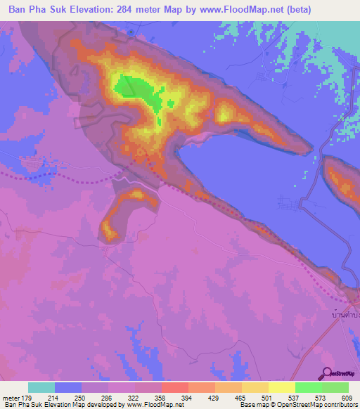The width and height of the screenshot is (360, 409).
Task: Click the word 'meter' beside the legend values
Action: [x=10, y=397]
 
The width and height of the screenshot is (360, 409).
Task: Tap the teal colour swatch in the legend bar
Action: [x=41, y=387]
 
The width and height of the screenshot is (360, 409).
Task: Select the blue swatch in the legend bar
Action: [x=68, y=387]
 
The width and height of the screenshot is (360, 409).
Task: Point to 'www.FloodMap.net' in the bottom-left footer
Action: [x=155, y=405]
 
